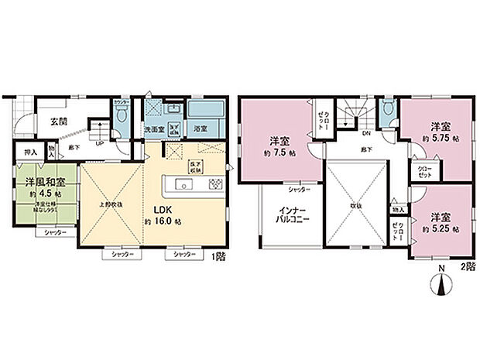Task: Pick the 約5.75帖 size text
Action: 439,137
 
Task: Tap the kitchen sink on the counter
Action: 184,184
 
